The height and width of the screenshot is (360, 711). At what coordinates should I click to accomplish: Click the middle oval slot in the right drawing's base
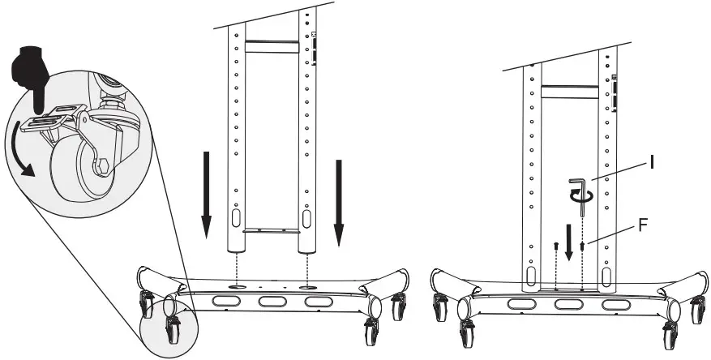click(x=568, y=306)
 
